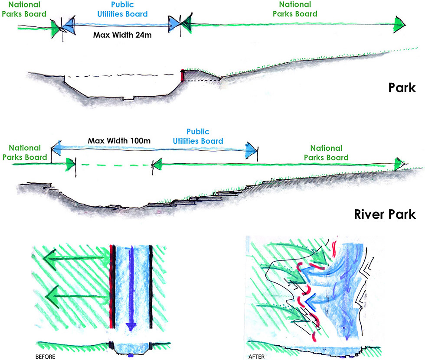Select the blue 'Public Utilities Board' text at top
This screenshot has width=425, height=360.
click(x=123, y=9)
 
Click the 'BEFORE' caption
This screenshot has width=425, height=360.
click(x=45, y=357)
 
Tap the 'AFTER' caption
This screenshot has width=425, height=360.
click(x=256, y=357)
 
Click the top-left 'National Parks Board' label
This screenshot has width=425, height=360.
click(x=24, y=9)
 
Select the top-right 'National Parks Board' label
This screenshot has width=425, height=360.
click(x=295, y=9)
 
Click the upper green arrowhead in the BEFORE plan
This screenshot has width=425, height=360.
click(x=52, y=262)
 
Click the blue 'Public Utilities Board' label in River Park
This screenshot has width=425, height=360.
click(x=198, y=136)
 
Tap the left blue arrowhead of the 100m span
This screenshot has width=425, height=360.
click(x=58, y=149)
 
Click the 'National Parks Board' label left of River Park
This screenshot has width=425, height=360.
click(x=25, y=152)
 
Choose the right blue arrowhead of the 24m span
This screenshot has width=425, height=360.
click(x=174, y=23)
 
